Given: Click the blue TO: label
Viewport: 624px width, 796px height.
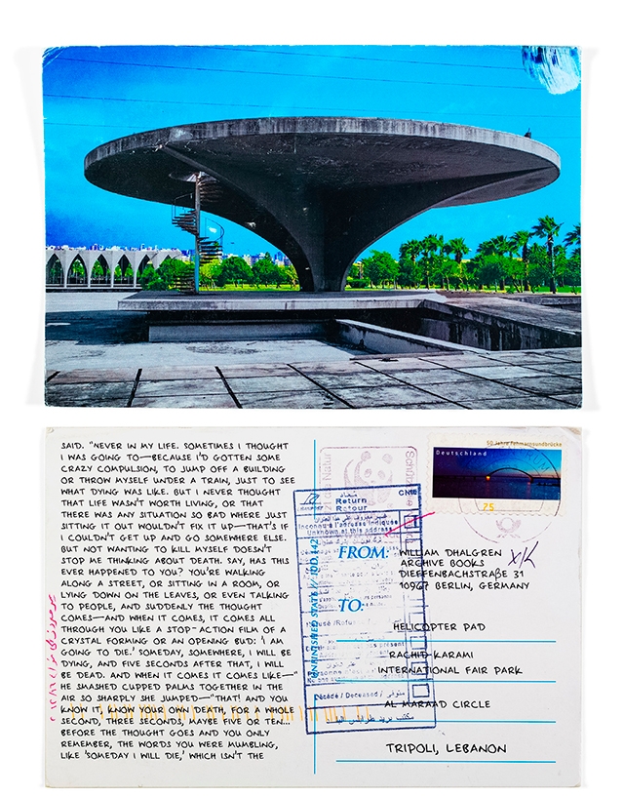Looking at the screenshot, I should pyautogui.click(x=351, y=606).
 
